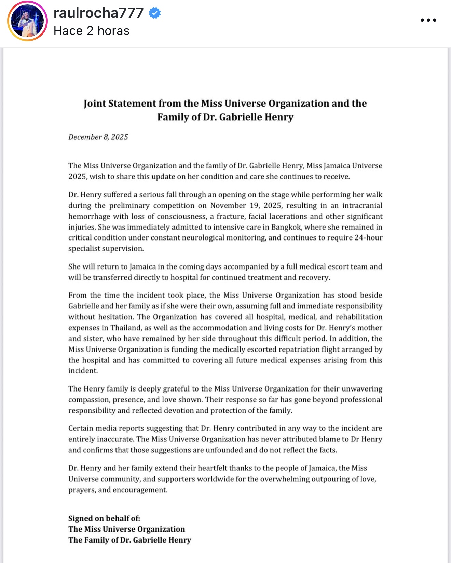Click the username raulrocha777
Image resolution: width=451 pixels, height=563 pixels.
tap(98, 13)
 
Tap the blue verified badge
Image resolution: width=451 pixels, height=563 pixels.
tap(155, 13)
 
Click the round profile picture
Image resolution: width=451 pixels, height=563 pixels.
tap(27, 21)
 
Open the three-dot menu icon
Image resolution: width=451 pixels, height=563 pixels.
tap(428, 20)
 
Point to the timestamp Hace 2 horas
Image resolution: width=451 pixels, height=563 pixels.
tap(92, 31)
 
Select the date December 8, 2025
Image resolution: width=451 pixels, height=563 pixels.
tap(98, 137)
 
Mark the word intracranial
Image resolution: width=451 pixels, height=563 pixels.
tap(362, 206)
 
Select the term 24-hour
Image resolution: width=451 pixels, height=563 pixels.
tap(368, 238)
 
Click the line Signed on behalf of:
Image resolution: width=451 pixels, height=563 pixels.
tap(104, 518)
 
